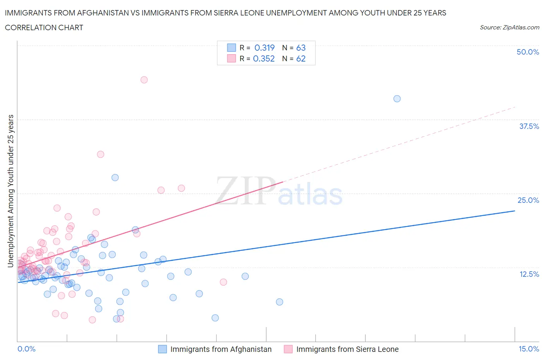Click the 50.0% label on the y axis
pyautogui.click(x=528, y=52)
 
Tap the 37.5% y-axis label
pyautogui.click(x=529, y=126)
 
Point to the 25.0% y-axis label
pyautogui.click(x=528, y=200)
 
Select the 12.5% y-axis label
pyautogui.click(x=529, y=274)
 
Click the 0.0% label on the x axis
pyautogui.click(x=26, y=349)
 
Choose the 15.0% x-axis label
pyautogui.click(x=529, y=349)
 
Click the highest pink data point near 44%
pyautogui.click(x=144, y=80)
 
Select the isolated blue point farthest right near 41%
pyautogui.click(x=397, y=99)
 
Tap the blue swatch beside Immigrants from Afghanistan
pyautogui.click(x=163, y=349)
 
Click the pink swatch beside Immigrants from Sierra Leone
pyautogui.click(x=288, y=349)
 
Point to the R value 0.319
pyautogui.click(x=264, y=48)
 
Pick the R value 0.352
pyautogui.click(x=263, y=58)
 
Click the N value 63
pyautogui.click(x=301, y=48)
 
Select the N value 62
pyautogui.click(x=301, y=58)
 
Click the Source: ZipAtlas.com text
pyautogui.click(x=509, y=27)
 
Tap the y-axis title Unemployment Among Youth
pyautogui.click(x=10, y=191)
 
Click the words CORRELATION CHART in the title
pyautogui.click(x=44, y=27)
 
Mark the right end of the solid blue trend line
pyautogui.click(x=515, y=211)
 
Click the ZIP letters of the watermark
pyautogui.click(x=245, y=191)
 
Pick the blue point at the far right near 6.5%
pyautogui.click(x=279, y=302)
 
